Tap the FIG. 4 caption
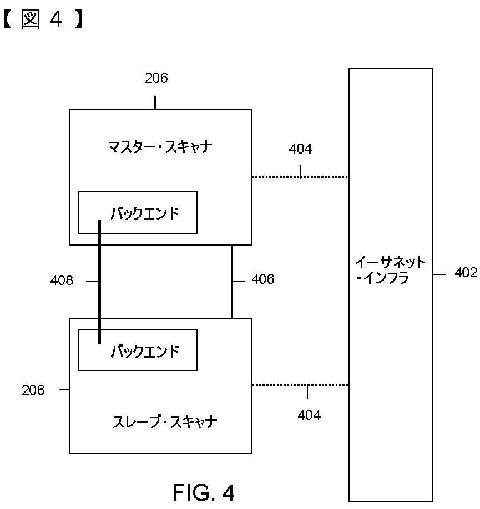(x=203, y=492)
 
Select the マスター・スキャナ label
(x=160, y=147)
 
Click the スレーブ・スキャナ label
(x=164, y=422)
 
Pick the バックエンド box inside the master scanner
(x=137, y=212)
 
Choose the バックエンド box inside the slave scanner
(x=137, y=350)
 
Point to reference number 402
(x=466, y=273)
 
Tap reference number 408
(x=62, y=281)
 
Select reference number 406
(x=262, y=279)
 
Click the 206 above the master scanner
(x=156, y=78)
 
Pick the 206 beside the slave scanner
(x=33, y=390)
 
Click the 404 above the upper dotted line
(x=300, y=149)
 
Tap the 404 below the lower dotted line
(x=309, y=414)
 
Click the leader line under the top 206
(x=155, y=102)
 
